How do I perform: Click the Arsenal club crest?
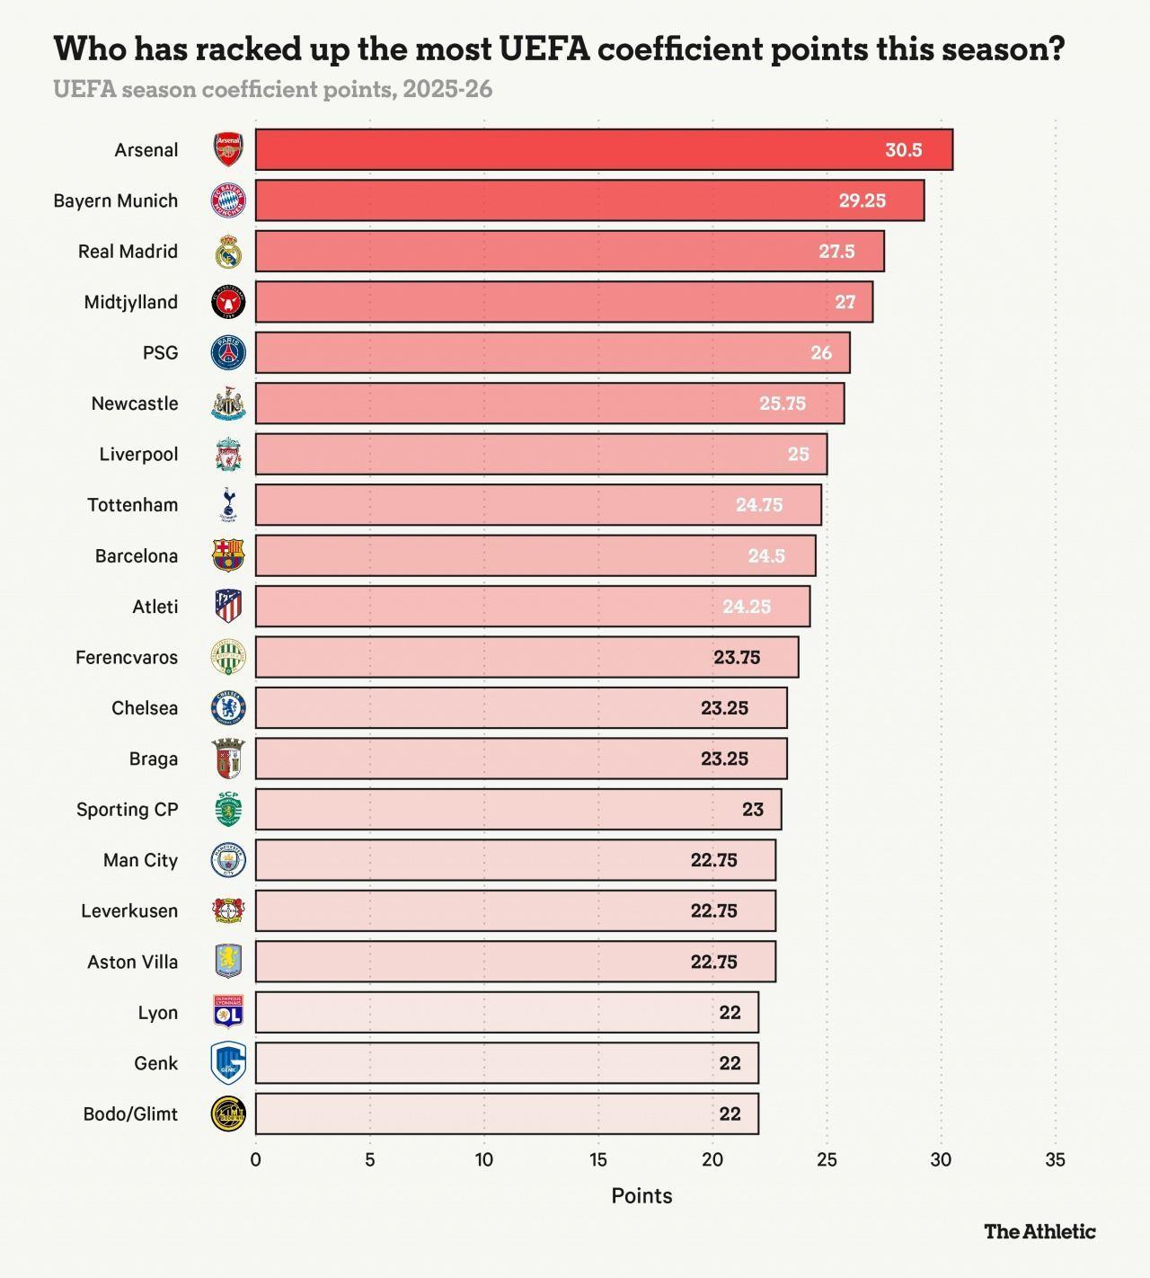coord(228,150)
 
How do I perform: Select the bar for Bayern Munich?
coord(589,200)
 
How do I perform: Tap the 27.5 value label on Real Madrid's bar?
coord(836,252)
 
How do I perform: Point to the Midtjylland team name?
coord(131,302)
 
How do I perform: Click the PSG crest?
coord(228,353)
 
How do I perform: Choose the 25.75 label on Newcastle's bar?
coord(783,404)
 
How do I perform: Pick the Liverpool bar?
coord(541,454)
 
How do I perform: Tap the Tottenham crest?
coord(228,505)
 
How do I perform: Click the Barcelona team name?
coord(137,556)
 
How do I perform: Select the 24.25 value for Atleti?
coord(747,607)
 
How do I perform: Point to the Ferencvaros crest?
coord(228,657)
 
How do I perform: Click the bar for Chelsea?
coord(521,708)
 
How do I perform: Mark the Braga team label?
coord(154,759)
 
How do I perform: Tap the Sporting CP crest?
coord(228,810)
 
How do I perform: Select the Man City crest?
coord(228,860)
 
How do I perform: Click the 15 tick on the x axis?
coord(598,1160)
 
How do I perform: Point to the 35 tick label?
coord(1056,1160)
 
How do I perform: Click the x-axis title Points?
coord(641,1196)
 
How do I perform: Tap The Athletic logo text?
coord(1039,1231)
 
